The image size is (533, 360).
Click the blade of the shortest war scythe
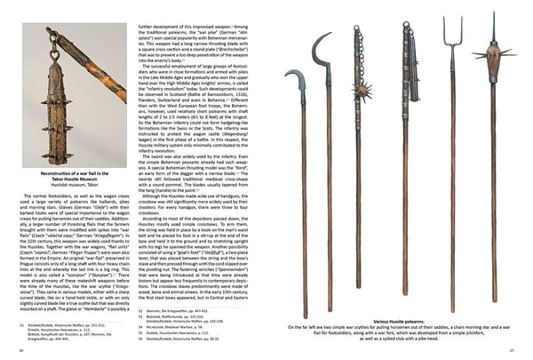pyautogui.click(x=300, y=87)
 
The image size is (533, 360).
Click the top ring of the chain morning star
pyautogui.click(x=360, y=29)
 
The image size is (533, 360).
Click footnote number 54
pyautogui.click(x=141, y=327)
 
